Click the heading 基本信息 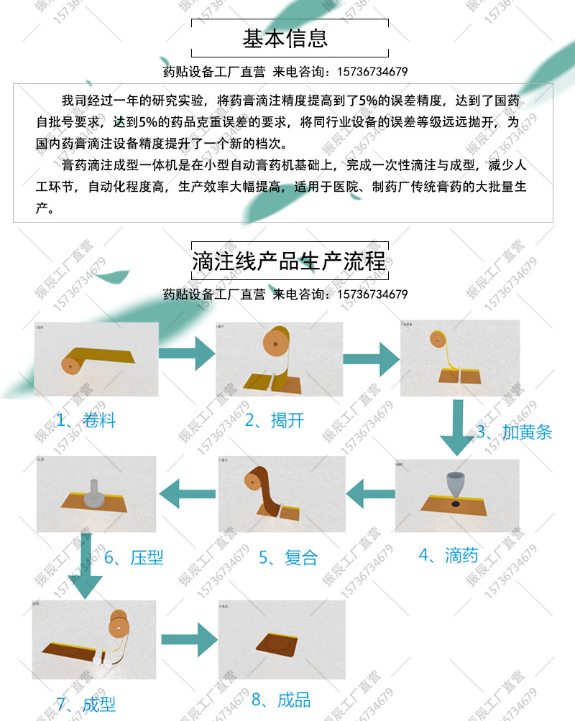(x=285, y=37)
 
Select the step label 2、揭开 (x=274, y=420)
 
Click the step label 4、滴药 (x=448, y=555)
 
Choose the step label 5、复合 (x=287, y=558)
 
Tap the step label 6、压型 (x=134, y=557)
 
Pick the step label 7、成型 (x=86, y=703)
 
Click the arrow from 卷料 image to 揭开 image (x=187, y=353)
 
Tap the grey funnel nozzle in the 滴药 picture (x=456, y=485)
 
